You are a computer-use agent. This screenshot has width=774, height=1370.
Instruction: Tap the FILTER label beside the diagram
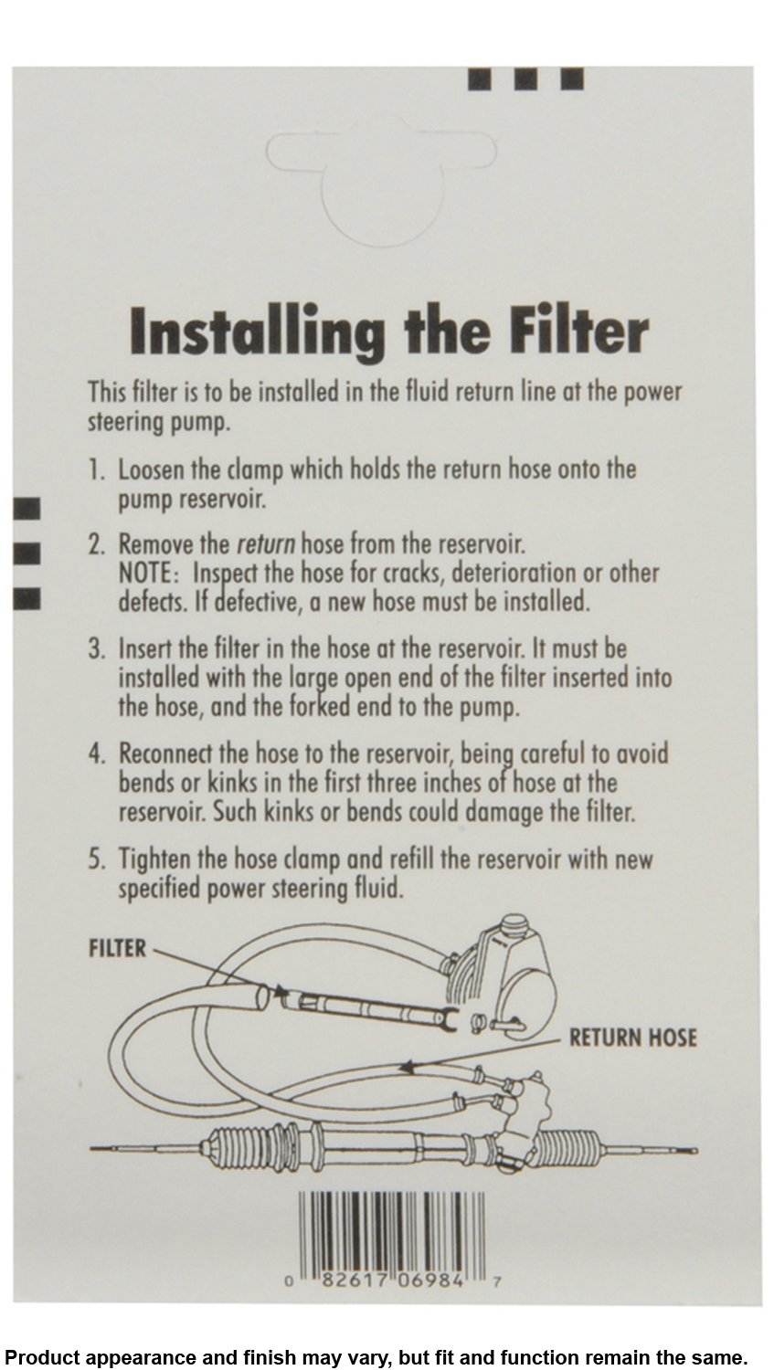[118, 948]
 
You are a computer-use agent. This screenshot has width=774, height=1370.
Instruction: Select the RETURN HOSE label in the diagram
[632, 1038]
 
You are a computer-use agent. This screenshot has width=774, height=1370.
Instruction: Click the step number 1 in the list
[94, 470]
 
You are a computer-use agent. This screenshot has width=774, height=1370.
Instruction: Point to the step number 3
[96, 648]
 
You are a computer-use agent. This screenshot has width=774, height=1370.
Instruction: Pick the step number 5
[96, 859]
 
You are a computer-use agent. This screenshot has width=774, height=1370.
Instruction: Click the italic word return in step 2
[266, 543]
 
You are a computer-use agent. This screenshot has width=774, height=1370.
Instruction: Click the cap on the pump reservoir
[515, 927]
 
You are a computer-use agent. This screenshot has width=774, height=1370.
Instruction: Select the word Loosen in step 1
[151, 470]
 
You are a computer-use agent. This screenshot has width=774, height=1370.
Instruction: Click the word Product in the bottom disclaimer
[40, 1358]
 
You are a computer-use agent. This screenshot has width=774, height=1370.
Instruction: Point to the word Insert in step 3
[145, 648]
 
